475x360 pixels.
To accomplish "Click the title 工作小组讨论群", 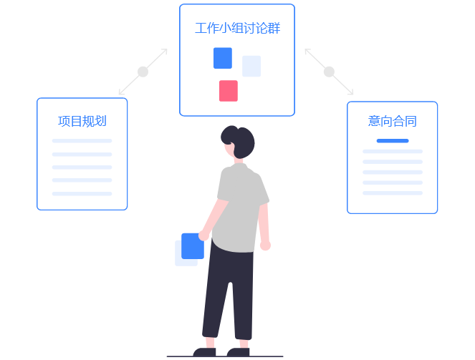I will [237, 29].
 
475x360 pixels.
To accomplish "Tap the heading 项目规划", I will [82, 121].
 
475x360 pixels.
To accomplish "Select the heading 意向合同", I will [392, 121].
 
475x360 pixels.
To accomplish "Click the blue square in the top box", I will [223, 58].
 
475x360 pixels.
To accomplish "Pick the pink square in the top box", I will [229, 91].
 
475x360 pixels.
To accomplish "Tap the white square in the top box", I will [251, 66].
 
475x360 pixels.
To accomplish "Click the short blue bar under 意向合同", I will [393, 141].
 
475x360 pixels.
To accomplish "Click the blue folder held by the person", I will [192, 246].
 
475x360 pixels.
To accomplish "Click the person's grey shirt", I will [239, 208].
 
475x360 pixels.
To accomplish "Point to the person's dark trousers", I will [228, 293].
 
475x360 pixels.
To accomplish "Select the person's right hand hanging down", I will [265, 245].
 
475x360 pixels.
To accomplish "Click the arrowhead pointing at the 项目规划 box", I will [121, 92].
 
